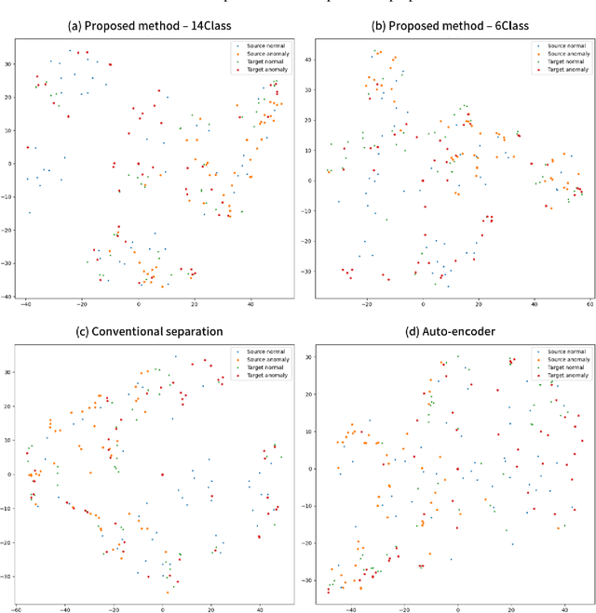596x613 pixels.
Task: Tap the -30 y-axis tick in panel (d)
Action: (x=309, y=580)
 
